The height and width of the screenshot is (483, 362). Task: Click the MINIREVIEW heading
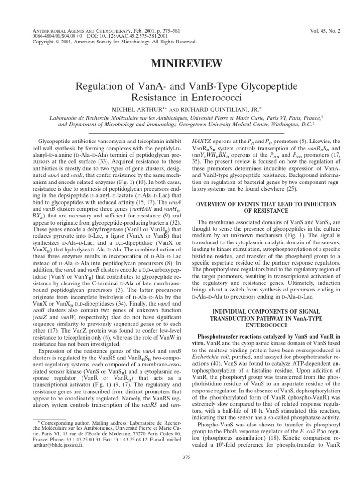click(181, 64)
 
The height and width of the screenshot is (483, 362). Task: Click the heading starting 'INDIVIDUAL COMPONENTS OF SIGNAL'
click(270, 312)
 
